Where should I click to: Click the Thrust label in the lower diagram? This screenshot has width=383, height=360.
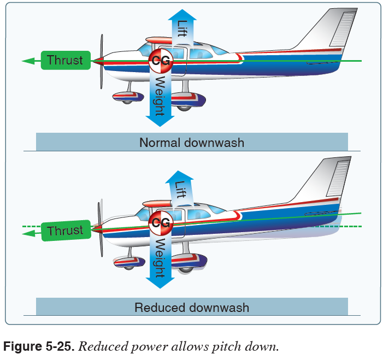[65, 231]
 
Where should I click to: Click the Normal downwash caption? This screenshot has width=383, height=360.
[192, 143]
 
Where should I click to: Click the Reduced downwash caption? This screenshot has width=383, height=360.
[192, 307]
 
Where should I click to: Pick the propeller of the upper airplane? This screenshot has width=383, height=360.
[101, 61]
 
